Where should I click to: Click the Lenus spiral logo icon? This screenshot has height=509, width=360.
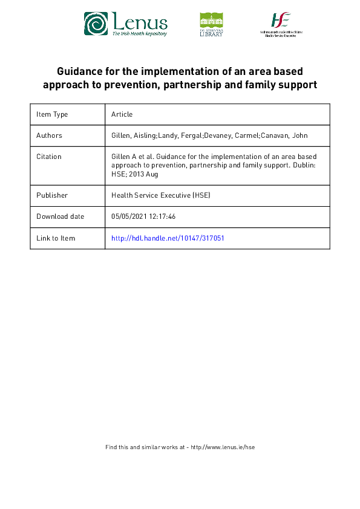tap(96, 24)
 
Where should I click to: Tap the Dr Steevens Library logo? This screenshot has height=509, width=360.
tap(211, 25)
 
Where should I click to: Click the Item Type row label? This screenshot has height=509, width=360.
tap(52, 114)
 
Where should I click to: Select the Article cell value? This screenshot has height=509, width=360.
tap(122, 114)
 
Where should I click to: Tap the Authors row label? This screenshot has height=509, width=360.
tap(49, 135)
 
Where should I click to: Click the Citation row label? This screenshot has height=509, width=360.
tap(49, 157)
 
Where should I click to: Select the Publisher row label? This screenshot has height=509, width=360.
tap(51, 195)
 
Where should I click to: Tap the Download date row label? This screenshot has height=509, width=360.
tap(61, 216)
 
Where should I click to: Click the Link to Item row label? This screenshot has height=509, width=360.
tap(56, 238)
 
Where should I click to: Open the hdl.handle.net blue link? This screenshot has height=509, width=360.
tap(168, 238)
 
